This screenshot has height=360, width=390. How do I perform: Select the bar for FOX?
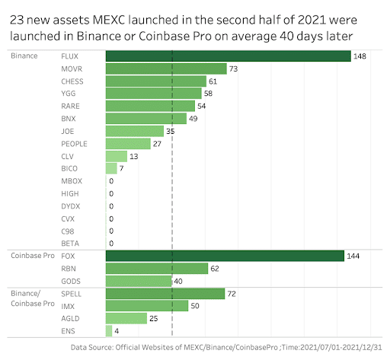[225, 256]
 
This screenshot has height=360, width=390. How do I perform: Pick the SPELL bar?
[165, 293]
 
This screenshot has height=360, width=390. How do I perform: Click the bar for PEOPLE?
[128, 143]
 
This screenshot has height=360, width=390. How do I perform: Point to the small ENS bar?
[109, 330]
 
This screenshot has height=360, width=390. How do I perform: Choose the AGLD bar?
[126, 318]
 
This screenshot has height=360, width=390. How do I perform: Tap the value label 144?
[354, 256]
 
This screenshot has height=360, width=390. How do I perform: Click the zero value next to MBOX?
[111, 181]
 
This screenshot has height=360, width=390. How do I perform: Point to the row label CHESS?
[72, 81]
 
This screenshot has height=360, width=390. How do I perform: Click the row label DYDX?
[71, 205]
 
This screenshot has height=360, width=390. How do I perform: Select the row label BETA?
[71, 243]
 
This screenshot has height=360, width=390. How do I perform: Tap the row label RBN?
[69, 268]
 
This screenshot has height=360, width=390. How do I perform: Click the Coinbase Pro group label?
[31, 256]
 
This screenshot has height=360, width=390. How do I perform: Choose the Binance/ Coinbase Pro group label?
[31, 298]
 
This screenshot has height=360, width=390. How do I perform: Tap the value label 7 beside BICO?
[121, 168]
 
